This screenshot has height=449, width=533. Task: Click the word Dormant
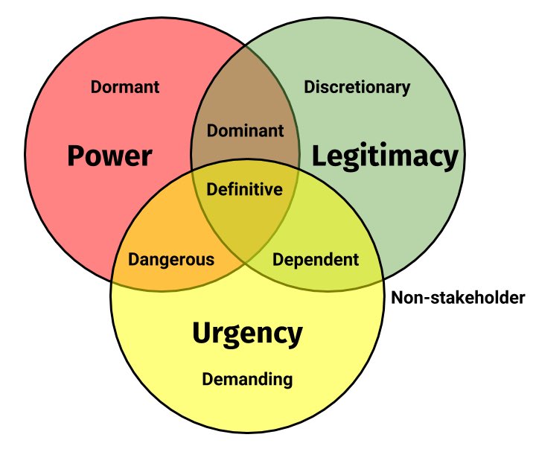[125, 87]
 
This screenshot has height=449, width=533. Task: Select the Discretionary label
[357, 87]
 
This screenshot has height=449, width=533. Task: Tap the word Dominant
[245, 131]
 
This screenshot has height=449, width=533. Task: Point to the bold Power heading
[109, 156]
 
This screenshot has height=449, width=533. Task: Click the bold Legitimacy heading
[383, 156]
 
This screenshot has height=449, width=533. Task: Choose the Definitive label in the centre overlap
[245, 190]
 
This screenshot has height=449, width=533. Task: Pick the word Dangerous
[171, 260]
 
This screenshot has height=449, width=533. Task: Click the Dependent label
[316, 260]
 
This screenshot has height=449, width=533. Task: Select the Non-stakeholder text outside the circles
[458, 299]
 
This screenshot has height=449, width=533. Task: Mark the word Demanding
[248, 380]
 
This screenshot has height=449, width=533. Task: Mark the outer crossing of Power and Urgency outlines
[112, 281]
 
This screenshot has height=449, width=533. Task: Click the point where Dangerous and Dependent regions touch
[245, 262]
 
